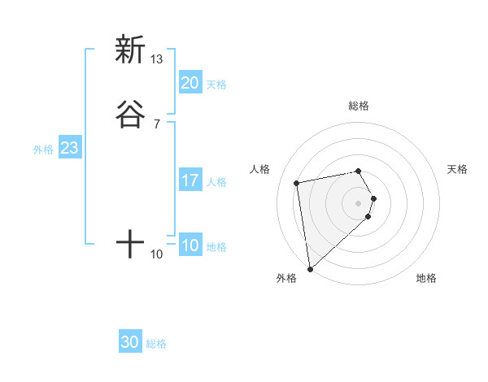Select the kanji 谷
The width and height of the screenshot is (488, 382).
[129, 114]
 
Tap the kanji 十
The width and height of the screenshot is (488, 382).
[129, 243]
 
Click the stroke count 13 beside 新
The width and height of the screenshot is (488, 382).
[157, 59]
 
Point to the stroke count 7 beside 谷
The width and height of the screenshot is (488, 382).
[157, 124]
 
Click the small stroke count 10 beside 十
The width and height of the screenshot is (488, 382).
[157, 254]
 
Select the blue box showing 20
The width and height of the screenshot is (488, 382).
[190, 83]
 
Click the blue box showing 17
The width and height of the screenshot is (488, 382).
[190, 180]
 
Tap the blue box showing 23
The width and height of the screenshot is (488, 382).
[69, 148]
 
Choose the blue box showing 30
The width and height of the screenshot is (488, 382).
[130, 343]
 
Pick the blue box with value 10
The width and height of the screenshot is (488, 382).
[190, 245]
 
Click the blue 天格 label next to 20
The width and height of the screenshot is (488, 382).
[216, 85]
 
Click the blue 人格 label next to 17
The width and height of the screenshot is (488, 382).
[216, 182]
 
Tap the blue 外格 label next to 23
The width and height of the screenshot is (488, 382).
[43, 150]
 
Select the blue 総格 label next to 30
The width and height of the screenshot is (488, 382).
[156, 345]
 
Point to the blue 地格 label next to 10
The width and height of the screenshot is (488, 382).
[216, 247]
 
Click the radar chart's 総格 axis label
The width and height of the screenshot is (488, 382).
[359, 106]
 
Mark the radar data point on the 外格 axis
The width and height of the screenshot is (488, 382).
[310, 268]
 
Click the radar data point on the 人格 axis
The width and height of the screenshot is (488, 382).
[297, 182]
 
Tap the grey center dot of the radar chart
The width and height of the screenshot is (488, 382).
[359, 202]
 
